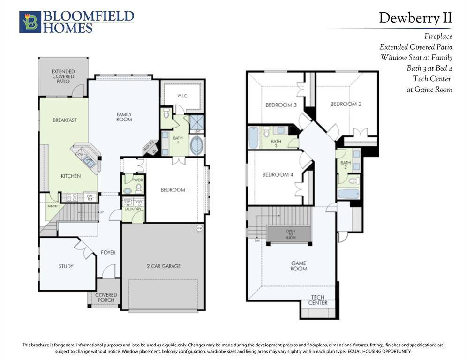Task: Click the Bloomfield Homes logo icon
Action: pos(30,22)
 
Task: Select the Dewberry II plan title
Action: pos(415,18)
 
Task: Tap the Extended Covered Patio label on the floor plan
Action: pos(63,76)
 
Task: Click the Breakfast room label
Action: pos(65,120)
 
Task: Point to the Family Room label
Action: pos(124,117)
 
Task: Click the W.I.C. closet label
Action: pos(182,96)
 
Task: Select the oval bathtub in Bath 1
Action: pos(196,146)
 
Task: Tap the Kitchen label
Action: pos(71,176)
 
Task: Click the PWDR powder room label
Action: pos(138,180)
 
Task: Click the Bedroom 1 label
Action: pos(175,190)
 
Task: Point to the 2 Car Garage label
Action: pos(163,266)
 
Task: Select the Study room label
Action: pos(66,266)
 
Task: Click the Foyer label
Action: pos(108,253)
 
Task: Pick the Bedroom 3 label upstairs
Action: pos(281,105)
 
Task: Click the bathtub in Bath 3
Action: pos(254,137)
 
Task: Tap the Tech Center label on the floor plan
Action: pos(318,300)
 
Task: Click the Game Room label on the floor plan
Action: pos(299,266)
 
